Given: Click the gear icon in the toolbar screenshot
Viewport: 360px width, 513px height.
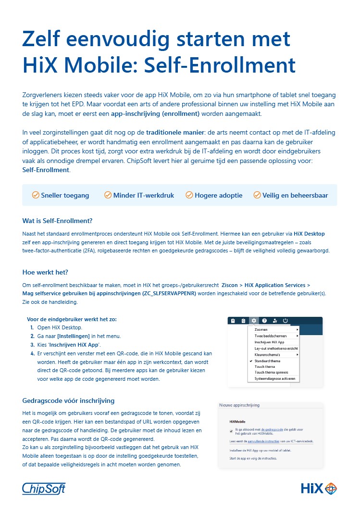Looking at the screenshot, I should (254, 321).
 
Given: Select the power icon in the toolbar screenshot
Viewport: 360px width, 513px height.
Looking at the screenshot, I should (285, 321).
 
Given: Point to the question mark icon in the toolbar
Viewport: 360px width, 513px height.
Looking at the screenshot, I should (264, 321).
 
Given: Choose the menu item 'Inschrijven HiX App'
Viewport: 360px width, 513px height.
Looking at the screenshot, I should (270, 342).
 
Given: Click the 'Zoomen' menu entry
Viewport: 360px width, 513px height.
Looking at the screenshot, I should (261, 329).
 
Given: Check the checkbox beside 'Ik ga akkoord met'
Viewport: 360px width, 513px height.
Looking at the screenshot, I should (231, 431).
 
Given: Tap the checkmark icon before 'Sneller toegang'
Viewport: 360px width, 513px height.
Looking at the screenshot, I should (36, 195).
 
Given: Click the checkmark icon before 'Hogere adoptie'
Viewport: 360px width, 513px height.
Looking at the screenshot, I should (189, 195).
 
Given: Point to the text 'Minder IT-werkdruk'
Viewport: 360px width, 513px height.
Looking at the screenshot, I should (143, 195).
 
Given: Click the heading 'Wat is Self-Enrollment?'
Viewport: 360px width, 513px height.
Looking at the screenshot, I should (57, 221).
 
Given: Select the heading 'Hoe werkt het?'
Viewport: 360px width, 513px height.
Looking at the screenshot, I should (45, 272).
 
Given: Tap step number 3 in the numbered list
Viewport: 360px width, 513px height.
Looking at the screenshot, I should (32, 345).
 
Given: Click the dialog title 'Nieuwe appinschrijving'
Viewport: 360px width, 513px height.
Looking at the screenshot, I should (239, 405).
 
